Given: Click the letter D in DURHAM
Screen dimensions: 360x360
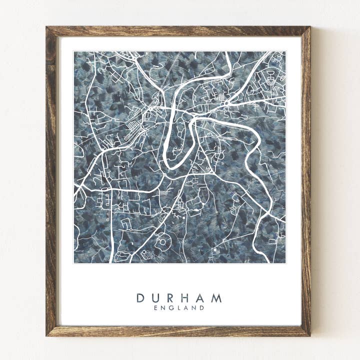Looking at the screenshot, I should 140,298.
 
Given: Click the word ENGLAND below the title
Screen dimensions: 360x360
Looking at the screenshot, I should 179,308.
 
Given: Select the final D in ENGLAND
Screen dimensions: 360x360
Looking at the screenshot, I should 202,308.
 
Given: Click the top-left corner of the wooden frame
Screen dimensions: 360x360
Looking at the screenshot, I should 46,27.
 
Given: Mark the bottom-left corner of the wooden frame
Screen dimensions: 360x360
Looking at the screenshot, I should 46,335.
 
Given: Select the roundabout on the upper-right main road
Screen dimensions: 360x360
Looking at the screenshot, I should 226,103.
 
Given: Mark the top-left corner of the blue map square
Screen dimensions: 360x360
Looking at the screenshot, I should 74,51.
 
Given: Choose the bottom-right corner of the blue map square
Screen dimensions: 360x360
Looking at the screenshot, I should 285,263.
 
